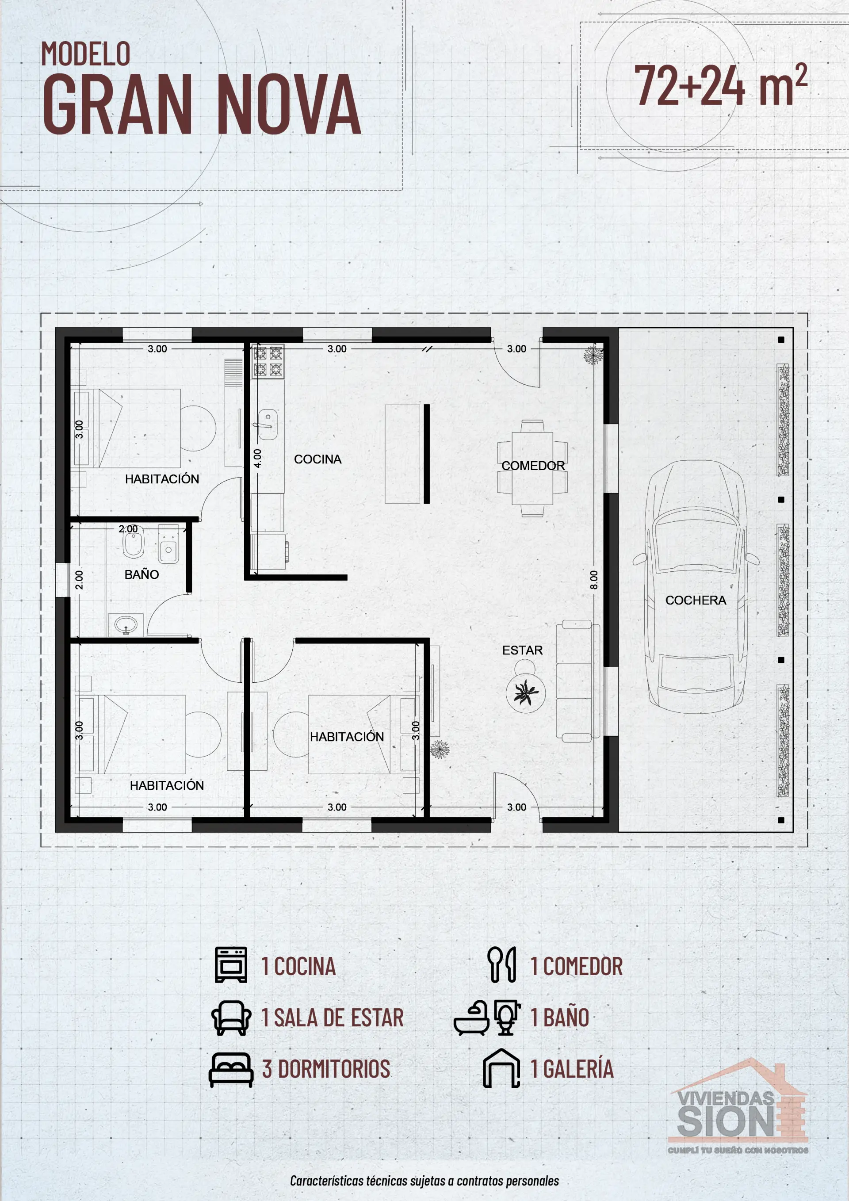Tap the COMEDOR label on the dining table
[x=532, y=466]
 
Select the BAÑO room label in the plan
[x=141, y=574]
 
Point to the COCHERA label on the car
[x=695, y=600]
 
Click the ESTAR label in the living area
[x=522, y=650]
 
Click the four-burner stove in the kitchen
[x=268, y=361]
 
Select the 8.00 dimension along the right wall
[x=594, y=580]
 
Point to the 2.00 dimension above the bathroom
[x=128, y=529]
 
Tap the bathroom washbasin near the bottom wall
[x=126, y=624]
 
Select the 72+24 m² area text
[x=720, y=85]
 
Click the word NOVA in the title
[x=288, y=104]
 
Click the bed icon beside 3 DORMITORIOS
[x=231, y=1070]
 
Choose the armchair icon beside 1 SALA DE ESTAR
[x=231, y=1017]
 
